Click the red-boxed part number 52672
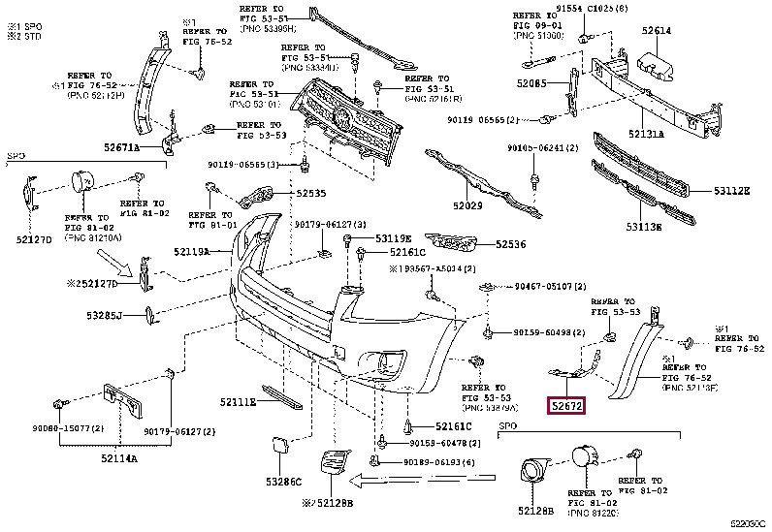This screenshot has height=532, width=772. pyautogui.click(x=567, y=408)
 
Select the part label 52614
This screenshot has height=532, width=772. pyautogui.click(x=655, y=30)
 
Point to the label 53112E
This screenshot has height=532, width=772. pyautogui.click(x=731, y=191)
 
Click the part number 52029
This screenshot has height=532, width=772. pyautogui.click(x=467, y=206)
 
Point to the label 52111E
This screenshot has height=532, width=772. pyautogui.click(x=238, y=401)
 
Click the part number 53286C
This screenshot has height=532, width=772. pyautogui.click(x=285, y=481)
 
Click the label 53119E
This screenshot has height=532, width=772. pyautogui.click(x=394, y=238)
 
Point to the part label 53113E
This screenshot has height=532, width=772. pyautogui.click(x=643, y=227)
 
